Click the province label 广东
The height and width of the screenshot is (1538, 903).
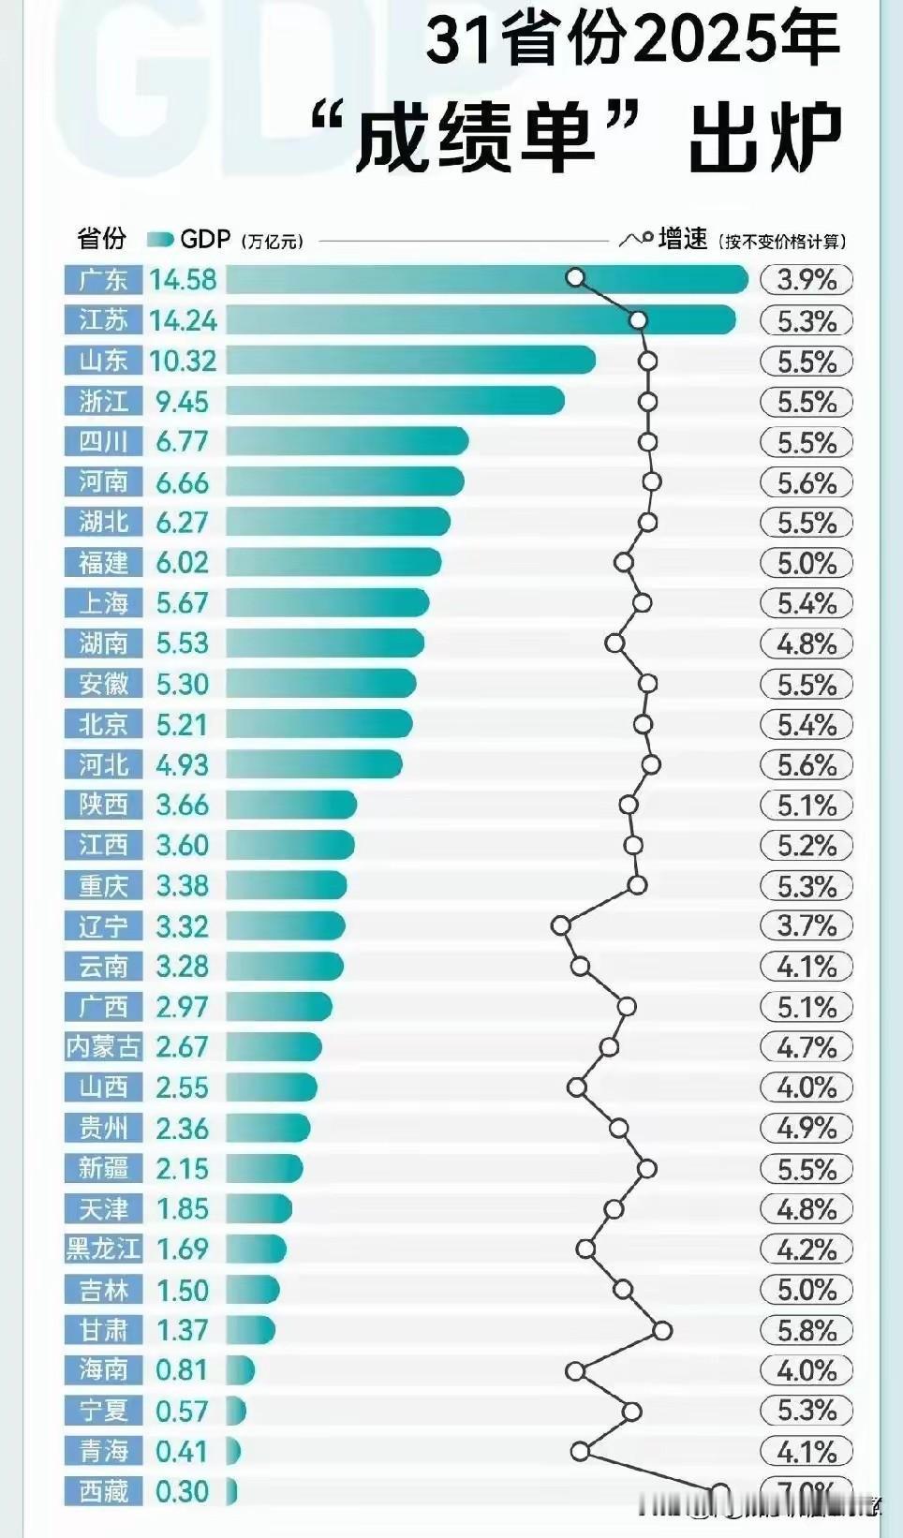click(103, 280)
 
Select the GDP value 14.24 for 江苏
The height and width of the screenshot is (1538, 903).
click(183, 320)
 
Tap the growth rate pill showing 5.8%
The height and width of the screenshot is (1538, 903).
click(807, 1330)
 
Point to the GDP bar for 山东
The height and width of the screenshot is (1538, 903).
click(410, 361)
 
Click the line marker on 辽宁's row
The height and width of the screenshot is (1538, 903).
click(560, 925)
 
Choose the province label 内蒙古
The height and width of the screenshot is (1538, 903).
click(103, 1047)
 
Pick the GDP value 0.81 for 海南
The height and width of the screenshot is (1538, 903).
click(182, 1370)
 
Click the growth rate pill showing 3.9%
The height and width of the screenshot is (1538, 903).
click(807, 280)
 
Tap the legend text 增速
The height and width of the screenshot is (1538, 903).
click(683, 240)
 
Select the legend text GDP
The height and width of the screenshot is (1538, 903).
click(205, 240)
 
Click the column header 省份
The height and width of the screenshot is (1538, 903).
click(101, 239)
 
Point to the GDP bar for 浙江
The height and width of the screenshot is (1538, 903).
click(394, 401)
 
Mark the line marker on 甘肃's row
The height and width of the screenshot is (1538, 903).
click(662, 1330)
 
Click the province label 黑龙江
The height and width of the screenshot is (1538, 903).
click(103, 1250)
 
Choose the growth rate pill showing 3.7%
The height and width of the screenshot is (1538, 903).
click(807, 926)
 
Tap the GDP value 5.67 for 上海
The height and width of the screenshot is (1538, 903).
click(182, 603)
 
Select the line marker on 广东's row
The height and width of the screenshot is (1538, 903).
click(576, 277)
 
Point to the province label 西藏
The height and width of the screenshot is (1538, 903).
click(103, 1491)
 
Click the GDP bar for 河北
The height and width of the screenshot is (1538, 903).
click(314, 764)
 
